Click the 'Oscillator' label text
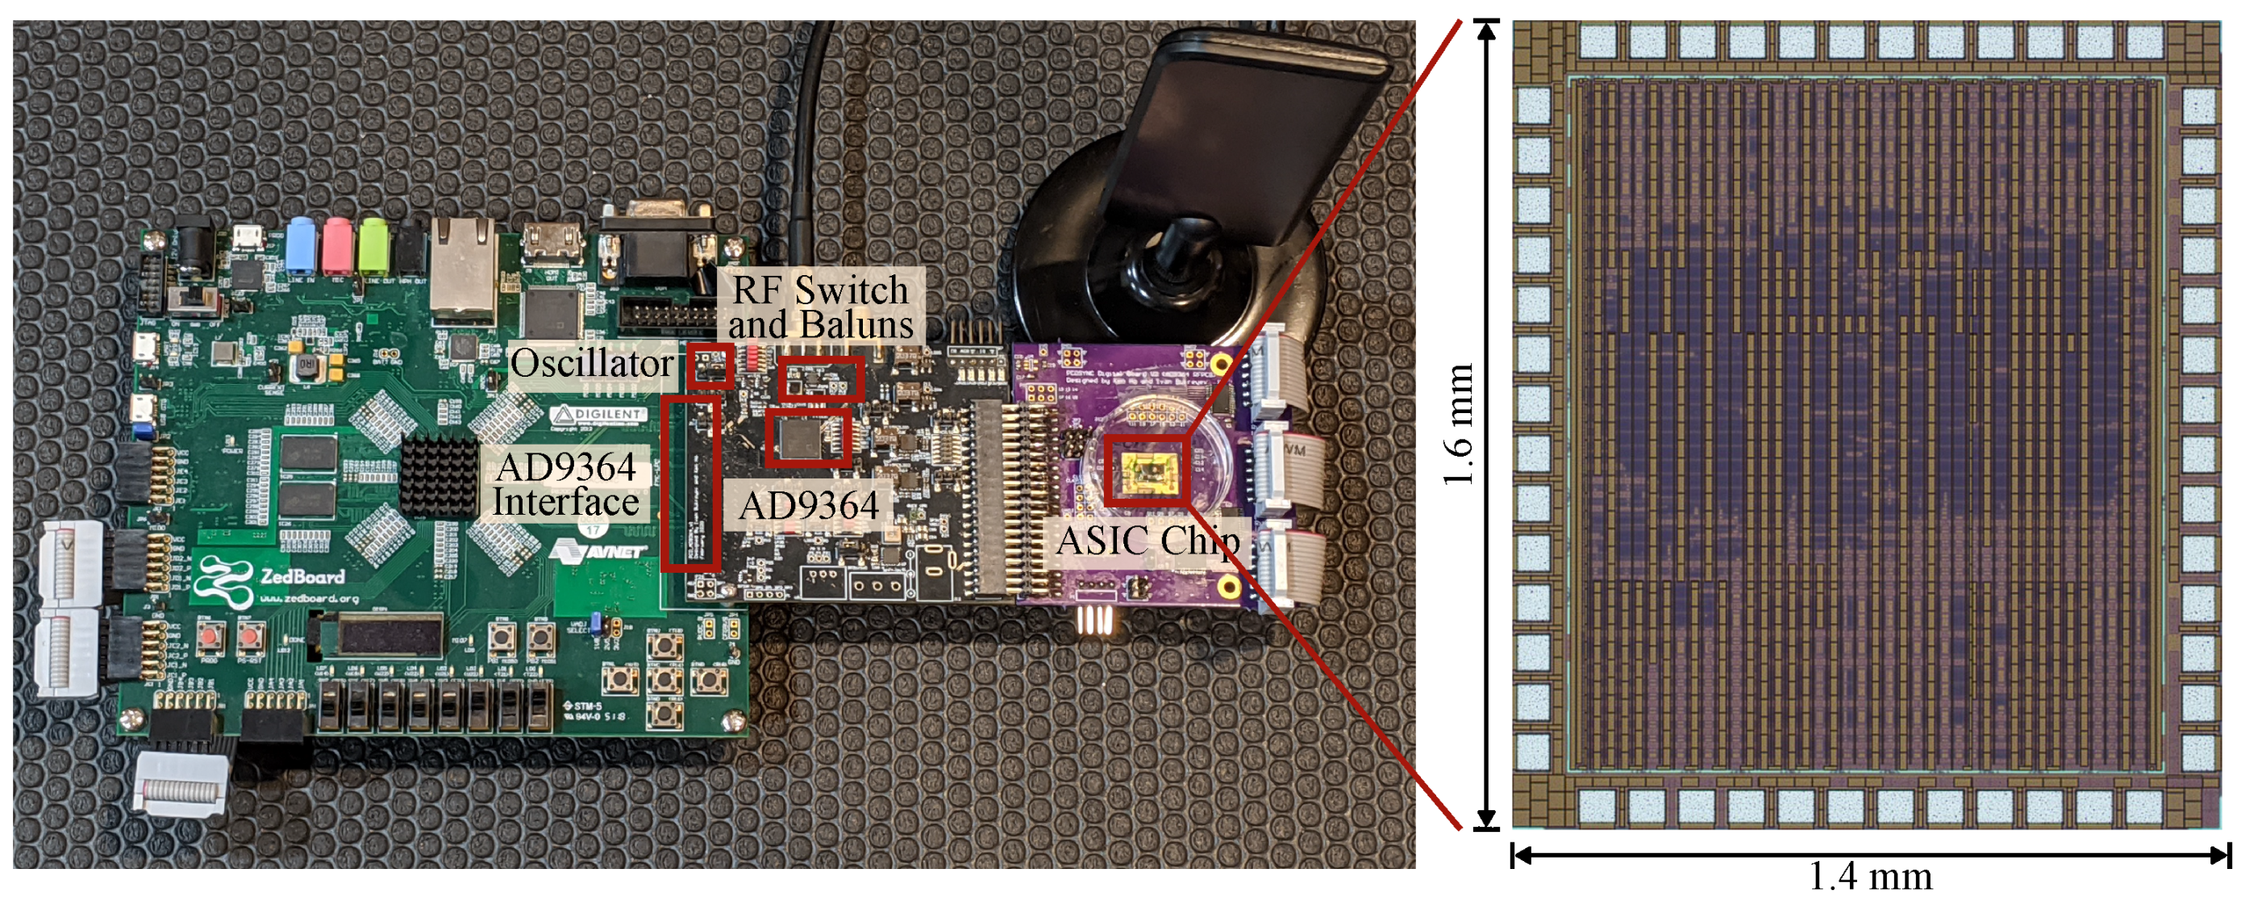click(x=592, y=364)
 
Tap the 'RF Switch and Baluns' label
click(x=820, y=307)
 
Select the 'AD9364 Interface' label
click(x=566, y=485)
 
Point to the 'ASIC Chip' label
click(x=1148, y=541)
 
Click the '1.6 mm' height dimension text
click(x=1459, y=424)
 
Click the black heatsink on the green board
click(x=439, y=477)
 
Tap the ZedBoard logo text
click(x=302, y=576)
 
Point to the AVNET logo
click(x=600, y=552)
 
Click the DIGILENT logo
click(x=601, y=414)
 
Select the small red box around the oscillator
click(x=709, y=366)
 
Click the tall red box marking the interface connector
click(x=689, y=483)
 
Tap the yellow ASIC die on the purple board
click(x=1145, y=470)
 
